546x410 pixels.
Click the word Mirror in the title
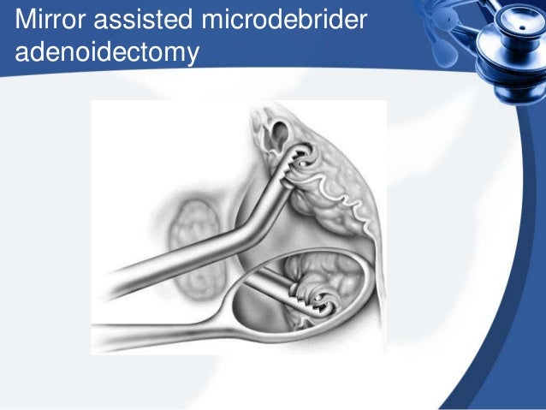50,17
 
